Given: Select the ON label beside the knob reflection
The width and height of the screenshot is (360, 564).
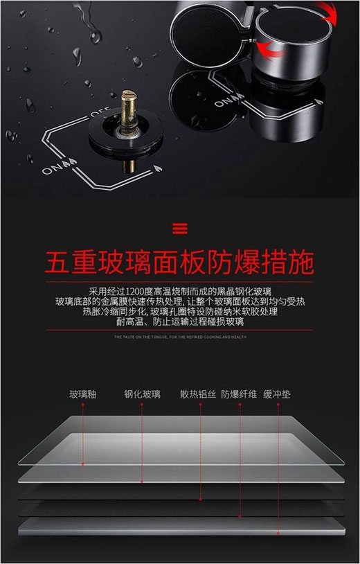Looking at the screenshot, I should [x=223, y=103].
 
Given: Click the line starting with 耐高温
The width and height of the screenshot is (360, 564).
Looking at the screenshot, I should [x=180, y=322].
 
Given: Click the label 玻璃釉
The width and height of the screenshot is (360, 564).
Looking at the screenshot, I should [x=82, y=394].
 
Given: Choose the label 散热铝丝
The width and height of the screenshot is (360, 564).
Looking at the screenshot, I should [x=199, y=394].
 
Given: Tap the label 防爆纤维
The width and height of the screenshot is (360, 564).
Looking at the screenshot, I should [x=239, y=394].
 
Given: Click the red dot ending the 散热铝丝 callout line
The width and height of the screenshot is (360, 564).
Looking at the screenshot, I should [x=199, y=498].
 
